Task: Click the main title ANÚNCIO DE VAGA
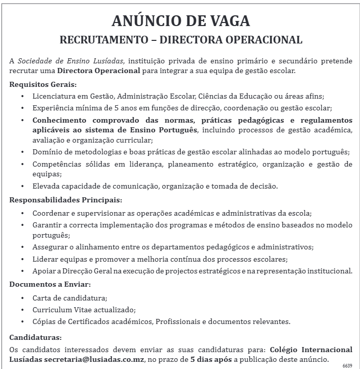(x=181, y=21)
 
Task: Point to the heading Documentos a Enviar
(x=50, y=284)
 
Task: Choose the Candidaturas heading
(x=36, y=338)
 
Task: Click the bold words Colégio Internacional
(x=310, y=350)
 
